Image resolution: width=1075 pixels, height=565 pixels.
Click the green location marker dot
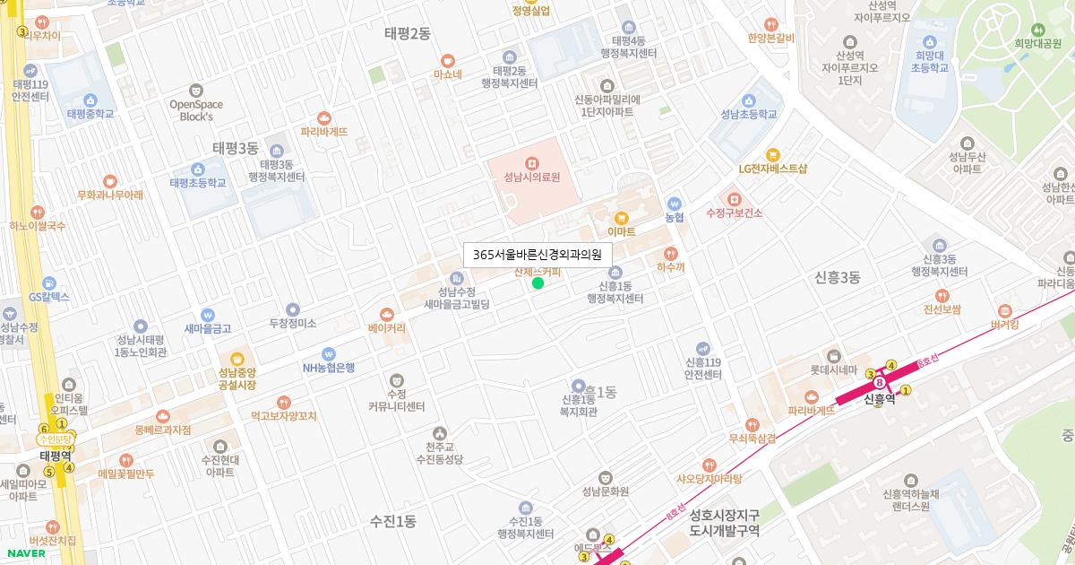point(537,283)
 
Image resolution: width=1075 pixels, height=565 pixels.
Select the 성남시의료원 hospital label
point(531,178)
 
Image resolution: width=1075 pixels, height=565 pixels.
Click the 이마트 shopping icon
point(621,217)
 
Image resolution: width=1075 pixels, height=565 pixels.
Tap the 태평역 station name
point(55,456)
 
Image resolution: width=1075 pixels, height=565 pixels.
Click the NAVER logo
point(26,553)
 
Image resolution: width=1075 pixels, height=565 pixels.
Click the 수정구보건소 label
point(734,213)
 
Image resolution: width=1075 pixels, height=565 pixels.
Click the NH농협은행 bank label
point(329,367)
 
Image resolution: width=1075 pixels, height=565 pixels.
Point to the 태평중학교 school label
point(90,114)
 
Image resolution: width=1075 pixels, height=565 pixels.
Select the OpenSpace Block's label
point(196,109)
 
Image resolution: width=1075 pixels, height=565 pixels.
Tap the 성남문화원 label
point(605,491)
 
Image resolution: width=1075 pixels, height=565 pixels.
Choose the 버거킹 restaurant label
point(1005,325)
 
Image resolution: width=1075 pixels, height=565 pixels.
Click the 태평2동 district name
point(408,33)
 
